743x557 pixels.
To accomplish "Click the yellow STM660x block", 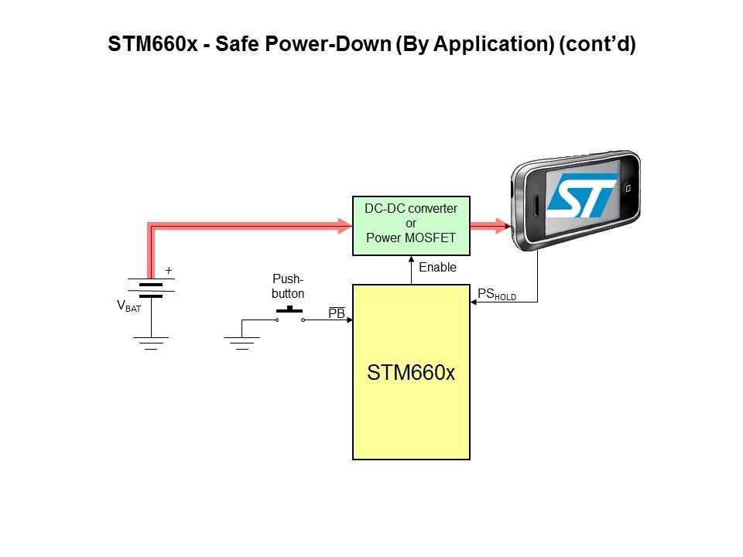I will coord(410,372).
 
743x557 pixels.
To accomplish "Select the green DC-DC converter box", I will coord(410,225).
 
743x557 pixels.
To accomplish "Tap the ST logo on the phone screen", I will coord(581,194).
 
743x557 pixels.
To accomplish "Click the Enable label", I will coord(437,268).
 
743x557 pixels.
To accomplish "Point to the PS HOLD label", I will coord(496,294).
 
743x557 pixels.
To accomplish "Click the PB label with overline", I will coord(337,313).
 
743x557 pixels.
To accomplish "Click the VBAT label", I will coord(128,306).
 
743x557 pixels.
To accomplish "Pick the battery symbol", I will coord(151,289).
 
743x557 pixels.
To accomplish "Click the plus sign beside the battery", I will coord(168,271).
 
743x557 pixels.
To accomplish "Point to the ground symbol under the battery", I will coord(151,342).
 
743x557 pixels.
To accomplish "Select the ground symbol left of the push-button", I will coord(242,342).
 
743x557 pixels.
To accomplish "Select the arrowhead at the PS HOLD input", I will coord(474,302).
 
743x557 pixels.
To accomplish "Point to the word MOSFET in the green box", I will coord(430,238).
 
